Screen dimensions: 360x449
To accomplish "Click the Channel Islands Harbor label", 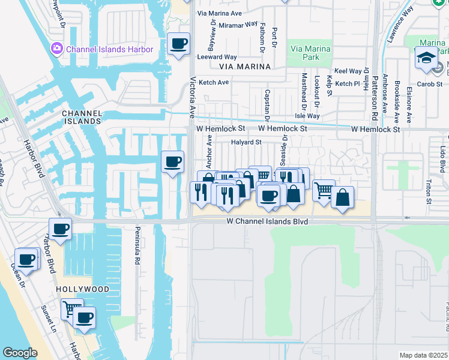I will tap(109, 49).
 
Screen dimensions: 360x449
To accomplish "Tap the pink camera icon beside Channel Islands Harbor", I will tap(58, 48).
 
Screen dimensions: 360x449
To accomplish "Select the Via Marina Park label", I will tap(310, 53).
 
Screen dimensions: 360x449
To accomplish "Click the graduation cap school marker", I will tap(426, 58).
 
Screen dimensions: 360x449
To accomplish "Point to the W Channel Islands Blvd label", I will tap(267, 221).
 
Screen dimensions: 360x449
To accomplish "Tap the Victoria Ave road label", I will tap(193, 96).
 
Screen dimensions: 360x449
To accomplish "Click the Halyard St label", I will tap(247, 142).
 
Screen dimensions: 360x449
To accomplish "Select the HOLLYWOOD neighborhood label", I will tap(83, 289).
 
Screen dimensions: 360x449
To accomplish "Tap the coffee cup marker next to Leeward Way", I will tap(179, 44).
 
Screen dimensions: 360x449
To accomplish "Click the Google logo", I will tap(20, 353).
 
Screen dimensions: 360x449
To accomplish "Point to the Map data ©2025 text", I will tap(423, 355).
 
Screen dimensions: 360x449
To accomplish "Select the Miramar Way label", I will tap(238, 25).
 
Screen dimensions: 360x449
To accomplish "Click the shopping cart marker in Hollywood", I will tap(71, 309).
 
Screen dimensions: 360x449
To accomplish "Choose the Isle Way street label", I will tap(306, 115).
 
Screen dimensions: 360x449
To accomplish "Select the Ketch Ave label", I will tap(214, 82).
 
